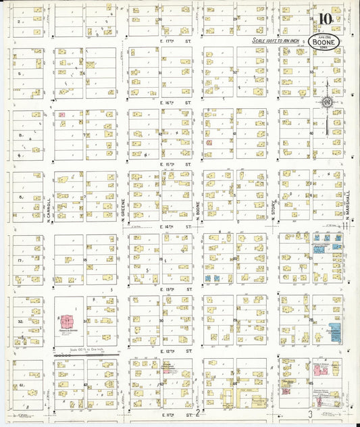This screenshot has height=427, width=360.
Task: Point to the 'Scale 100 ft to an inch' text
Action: pyautogui.click(x=277, y=41)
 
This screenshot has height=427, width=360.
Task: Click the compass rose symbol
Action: pyautogui.click(x=327, y=102)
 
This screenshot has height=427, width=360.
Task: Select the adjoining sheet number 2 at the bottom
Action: pyautogui.click(x=197, y=412)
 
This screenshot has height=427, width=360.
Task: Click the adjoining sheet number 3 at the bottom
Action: pyautogui.click(x=310, y=413)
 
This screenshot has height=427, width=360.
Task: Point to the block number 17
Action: pyautogui.click(x=22, y=260)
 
